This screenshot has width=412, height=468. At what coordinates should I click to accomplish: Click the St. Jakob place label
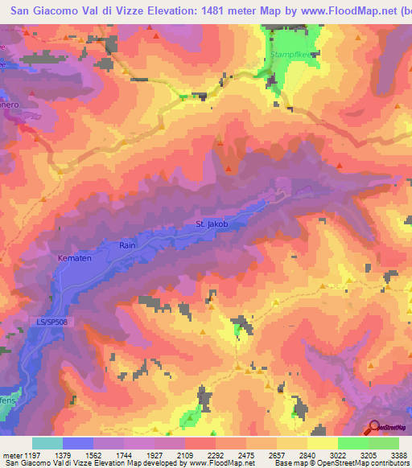tap(212, 224)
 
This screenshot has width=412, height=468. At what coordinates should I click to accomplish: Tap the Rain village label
tap(127, 244)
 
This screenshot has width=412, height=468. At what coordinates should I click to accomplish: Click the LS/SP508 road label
tap(51, 321)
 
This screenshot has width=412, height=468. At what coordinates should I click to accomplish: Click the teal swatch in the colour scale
tap(47, 443)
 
